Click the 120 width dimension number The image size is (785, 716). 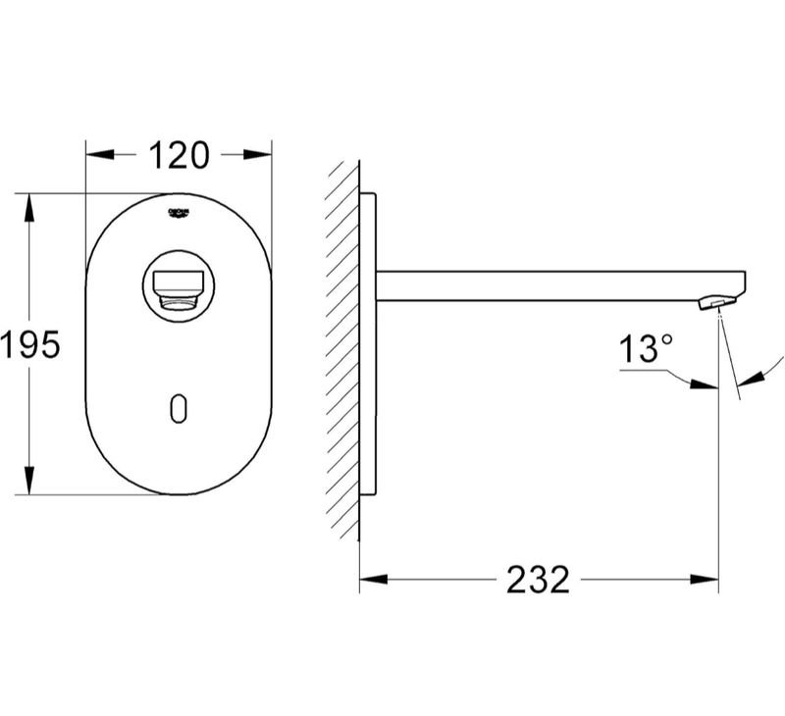point(178,155)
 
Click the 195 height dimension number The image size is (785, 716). point(29,344)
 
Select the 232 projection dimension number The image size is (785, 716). point(538,580)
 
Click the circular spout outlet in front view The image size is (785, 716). point(178,285)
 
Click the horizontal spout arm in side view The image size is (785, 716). point(549,285)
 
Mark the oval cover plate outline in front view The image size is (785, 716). point(88,343)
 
